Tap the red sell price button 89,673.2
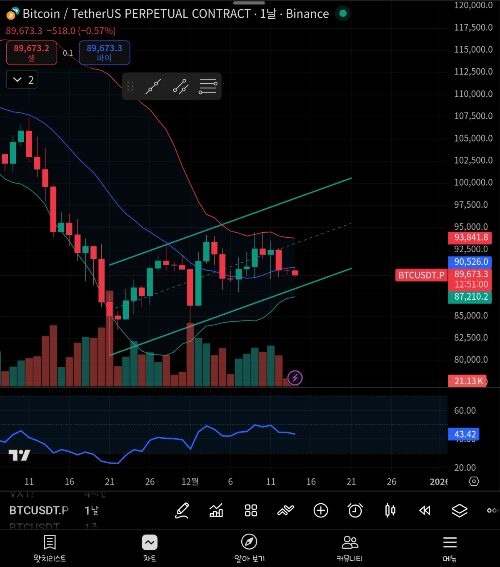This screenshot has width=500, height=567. tap(31, 53)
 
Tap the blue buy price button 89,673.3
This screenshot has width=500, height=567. tap(104, 53)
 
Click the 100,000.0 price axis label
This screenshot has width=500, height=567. tap(473, 182)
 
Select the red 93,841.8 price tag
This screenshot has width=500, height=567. tap(470, 237)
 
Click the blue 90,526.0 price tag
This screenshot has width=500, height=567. tap(470, 262)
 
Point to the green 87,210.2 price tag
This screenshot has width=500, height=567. tap(470, 297)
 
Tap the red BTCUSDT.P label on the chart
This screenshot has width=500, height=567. tap(421, 275)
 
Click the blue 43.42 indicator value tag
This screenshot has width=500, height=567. tap(464, 434)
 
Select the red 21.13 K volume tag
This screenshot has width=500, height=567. tap(467, 381)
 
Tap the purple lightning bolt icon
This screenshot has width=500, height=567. tap(295, 378)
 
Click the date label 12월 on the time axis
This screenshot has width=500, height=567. tap(190, 482)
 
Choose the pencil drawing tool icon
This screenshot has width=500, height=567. tap(182, 510)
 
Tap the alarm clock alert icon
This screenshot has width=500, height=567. tap(355, 510)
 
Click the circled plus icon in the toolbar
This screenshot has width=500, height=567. tap(321, 510)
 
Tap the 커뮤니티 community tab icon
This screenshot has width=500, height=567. tap(350, 542)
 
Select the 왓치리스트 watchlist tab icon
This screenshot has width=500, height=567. tap(50, 542)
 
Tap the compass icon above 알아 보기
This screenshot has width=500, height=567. tap(249, 542)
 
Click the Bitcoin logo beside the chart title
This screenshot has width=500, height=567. tap(12, 14)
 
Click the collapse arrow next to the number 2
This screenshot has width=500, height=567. tap(17, 80)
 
